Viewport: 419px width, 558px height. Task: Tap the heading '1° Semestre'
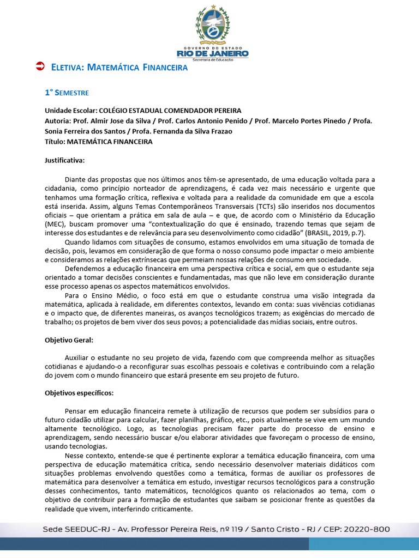pyautogui.click(x=67, y=93)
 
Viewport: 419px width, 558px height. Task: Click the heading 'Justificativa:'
pyautogui.click(x=64, y=161)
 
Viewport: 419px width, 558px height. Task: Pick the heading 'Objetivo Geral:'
pyautogui.click(x=69, y=339)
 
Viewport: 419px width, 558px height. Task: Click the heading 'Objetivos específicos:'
pyautogui.click(x=79, y=393)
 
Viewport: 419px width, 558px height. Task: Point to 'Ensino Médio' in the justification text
pyautogui.click(x=102, y=295)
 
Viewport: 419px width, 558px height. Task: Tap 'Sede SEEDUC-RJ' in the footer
pyautogui.click(x=76, y=529)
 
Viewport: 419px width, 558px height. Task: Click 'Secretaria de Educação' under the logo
pyautogui.click(x=212, y=59)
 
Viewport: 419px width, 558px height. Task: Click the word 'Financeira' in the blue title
pyautogui.click(x=165, y=68)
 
